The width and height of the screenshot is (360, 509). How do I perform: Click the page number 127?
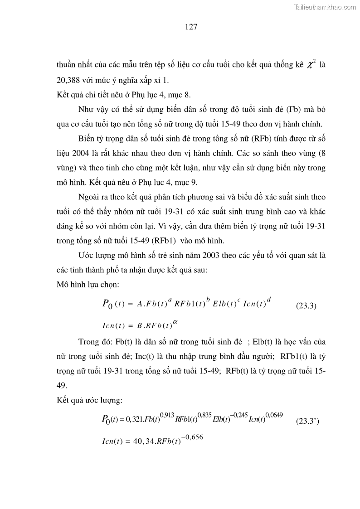pos(191,27)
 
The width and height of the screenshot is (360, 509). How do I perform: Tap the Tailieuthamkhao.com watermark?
pos(325,7)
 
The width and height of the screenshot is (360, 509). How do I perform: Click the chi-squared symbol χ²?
pos(311,65)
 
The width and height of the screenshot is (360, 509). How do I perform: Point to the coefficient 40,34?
pos(143,439)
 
